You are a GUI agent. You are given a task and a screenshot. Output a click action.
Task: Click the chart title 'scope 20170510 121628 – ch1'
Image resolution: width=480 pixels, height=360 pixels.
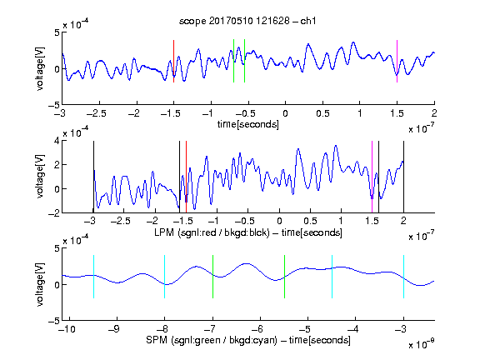click(247, 21)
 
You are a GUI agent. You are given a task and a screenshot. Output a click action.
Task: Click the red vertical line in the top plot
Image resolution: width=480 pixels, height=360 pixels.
click(173, 61)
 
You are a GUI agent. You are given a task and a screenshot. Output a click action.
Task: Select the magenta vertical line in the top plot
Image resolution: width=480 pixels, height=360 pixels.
click(397, 61)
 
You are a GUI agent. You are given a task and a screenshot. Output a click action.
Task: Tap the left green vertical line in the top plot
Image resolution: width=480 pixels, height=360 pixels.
click(233, 61)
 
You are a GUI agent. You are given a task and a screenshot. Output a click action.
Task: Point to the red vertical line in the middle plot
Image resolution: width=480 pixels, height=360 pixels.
click(186, 177)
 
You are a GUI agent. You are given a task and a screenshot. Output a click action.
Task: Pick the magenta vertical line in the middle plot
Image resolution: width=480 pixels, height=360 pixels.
click(372, 177)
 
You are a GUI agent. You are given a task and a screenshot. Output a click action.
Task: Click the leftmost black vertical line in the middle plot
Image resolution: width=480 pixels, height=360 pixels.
click(93, 177)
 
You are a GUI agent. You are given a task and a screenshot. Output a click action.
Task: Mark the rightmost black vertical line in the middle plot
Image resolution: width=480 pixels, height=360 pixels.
click(403, 177)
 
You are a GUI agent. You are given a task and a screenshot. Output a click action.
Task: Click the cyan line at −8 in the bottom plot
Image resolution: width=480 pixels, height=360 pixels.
click(164, 277)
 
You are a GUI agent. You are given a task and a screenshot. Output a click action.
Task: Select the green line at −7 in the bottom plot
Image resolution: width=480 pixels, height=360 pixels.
click(212, 277)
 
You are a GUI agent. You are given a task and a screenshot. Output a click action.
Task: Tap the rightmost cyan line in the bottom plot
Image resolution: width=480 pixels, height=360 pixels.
click(403, 277)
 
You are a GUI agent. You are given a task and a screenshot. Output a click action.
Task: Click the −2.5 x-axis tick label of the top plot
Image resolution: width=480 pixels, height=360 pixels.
click(97, 114)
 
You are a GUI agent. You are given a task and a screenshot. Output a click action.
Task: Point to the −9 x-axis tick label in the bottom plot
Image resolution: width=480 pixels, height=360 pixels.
click(114, 329)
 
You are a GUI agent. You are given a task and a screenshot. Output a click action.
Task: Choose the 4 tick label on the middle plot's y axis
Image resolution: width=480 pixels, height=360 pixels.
click(57, 142)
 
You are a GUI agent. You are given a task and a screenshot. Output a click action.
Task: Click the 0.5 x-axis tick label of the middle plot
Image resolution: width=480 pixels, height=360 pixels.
click(310, 221)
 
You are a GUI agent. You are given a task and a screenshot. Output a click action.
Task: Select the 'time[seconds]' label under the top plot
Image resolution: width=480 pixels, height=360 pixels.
click(248, 124)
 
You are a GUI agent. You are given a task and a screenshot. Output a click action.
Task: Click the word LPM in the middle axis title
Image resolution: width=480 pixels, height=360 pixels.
click(164, 232)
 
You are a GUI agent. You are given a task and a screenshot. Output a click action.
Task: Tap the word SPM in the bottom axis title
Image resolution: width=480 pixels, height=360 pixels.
click(157, 340)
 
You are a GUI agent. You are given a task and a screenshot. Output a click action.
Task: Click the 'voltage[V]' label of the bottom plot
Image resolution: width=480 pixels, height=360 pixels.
click(40, 284)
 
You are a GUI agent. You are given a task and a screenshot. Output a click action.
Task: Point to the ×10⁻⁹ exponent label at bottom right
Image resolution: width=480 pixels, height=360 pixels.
click(421, 344)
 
